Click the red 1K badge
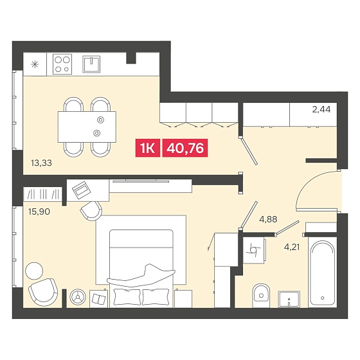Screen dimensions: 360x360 tap(148, 148)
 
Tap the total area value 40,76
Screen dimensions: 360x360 tap(185, 148)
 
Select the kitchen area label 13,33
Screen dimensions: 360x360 tap(41, 163)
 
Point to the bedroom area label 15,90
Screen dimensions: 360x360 tap(39, 212)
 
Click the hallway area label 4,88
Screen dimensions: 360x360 tap(268, 219)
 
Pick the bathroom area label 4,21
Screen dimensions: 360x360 tap(292, 248)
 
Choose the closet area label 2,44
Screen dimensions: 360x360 tap(321, 109)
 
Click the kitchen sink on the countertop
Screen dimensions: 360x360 tap(91, 64)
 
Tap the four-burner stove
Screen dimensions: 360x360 tap(62, 64)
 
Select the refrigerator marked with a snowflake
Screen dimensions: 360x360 tap(35, 64)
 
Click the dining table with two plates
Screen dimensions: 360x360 tap(87, 127)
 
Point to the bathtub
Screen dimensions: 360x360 tap(322, 273)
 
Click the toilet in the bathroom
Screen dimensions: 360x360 tap(261, 296)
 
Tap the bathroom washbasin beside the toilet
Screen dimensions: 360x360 tap(289, 299)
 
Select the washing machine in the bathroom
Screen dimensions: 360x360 tap(254, 251)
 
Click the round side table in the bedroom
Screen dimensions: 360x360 tap(34, 271)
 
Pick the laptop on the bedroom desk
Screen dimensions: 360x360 tap(82, 190)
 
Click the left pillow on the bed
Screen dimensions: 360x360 tap(127, 296)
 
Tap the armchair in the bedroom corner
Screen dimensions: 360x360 tap(43, 292)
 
